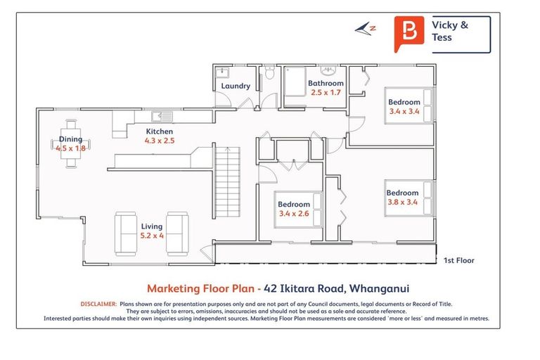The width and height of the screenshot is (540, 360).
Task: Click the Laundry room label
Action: tap(236, 86)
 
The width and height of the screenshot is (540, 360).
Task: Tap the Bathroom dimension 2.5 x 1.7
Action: tap(326, 93)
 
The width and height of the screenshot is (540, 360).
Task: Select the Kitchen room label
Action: tap(159, 131)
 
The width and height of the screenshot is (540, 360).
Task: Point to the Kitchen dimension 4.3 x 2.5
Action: tap(159, 141)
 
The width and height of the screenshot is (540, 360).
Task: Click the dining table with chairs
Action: tap(70, 143)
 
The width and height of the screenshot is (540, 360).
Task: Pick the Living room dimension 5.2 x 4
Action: tap(151, 236)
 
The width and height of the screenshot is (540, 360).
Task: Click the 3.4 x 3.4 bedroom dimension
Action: tap(404, 111)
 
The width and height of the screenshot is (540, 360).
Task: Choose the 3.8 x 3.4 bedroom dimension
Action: tap(402, 202)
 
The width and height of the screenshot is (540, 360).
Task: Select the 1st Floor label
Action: tap(458, 261)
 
